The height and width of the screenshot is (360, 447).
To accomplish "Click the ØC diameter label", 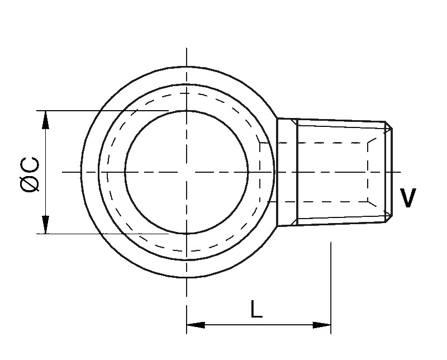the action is [x=30, y=174].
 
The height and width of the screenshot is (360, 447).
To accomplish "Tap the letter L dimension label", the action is [x=256, y=309].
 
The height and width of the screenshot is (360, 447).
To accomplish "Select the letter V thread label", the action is [x=408, y=197].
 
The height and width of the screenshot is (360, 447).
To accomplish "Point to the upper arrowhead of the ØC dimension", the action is [x=45, y=120].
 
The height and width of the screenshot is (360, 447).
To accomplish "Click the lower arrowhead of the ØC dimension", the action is [x=45, y=225].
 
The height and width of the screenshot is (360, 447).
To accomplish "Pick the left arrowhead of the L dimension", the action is [x=196, y=325].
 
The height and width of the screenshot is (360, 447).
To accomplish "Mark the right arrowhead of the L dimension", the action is [x=322, y=325].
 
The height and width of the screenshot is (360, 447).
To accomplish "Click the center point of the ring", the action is [x=187, y=172].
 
